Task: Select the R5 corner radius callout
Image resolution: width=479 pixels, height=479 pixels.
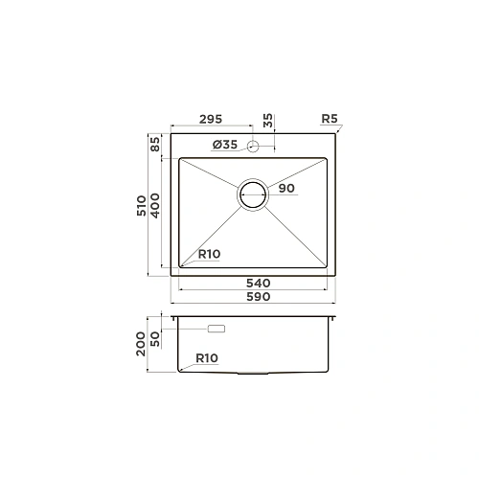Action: coord(331,119)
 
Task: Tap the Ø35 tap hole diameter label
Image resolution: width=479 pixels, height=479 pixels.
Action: coord(225,145)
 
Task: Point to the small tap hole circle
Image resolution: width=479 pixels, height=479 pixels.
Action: coord(254,146)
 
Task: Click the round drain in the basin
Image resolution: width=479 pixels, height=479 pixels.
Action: coord(254,194)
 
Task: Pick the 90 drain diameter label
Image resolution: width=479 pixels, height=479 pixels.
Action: coord(285,189)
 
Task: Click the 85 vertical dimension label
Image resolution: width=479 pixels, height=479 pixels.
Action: coord(154,146)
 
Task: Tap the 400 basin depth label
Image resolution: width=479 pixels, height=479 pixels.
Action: coord(154,203)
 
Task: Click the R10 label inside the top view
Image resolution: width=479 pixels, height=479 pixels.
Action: coord(210,255)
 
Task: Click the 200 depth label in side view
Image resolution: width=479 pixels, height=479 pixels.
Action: coord(141,343)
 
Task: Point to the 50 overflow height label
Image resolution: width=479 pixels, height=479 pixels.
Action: coord(154,337)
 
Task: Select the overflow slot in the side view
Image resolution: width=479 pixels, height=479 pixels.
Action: coord(217,329)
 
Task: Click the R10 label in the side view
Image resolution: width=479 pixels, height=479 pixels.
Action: coord(206,358)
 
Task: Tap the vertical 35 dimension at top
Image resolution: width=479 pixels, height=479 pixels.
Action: coord(268,121)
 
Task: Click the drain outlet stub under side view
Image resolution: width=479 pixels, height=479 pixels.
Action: coord(254,374)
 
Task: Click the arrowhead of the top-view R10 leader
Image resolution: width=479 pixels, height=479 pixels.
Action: coord(181,266)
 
